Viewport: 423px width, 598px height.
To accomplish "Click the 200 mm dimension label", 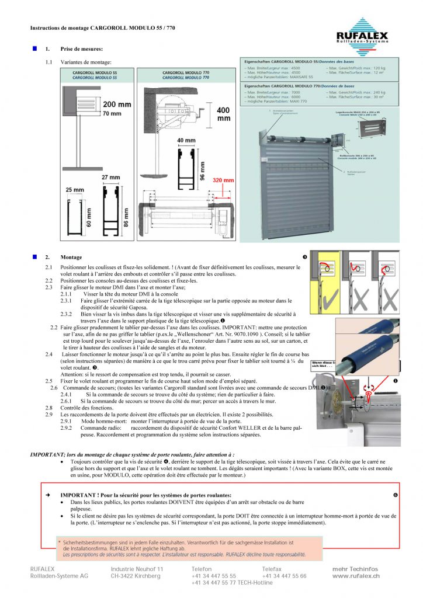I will tap(117, 105).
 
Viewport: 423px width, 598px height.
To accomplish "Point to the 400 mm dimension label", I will tap(223, 114).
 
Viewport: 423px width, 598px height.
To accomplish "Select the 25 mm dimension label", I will tap(75, 190).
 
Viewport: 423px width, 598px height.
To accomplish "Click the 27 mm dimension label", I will tap(110, 178).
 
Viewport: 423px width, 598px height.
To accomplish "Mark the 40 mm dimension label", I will tap(186, 140).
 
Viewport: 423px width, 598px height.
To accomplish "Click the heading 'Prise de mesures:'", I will tap(82, 48).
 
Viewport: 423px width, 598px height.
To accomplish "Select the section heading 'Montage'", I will tap(71, 257).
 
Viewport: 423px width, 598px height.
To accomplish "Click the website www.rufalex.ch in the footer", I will tap(356, 576).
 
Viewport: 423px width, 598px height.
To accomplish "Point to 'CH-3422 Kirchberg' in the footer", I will tap(136, 576).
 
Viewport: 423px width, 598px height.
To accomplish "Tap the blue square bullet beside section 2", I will tap(34, 256).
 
